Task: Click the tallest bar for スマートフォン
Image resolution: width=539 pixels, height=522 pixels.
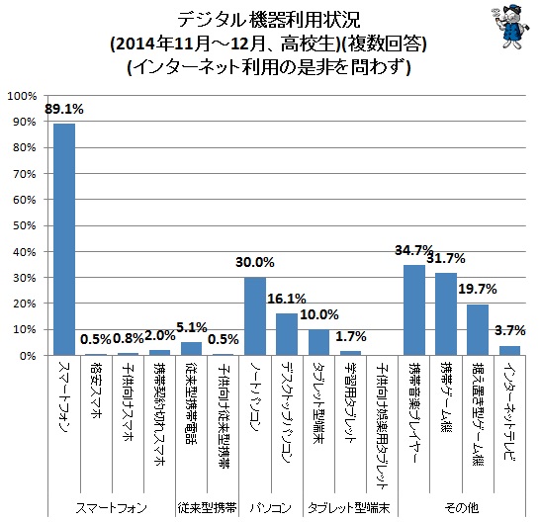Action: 64,238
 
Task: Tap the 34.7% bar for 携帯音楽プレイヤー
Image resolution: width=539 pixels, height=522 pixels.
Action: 414,309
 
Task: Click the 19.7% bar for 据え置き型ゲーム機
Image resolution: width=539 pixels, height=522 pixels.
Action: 478,329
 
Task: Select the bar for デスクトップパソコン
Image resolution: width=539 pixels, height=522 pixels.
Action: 287,334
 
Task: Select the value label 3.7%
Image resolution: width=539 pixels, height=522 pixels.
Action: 510,329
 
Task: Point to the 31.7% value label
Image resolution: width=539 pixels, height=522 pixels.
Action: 447,260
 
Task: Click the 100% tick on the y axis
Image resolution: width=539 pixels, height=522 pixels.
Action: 22,97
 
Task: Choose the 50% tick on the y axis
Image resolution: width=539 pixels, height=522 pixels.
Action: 24,225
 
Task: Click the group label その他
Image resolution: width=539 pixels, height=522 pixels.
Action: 462,506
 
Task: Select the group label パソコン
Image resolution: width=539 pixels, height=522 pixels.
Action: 271,506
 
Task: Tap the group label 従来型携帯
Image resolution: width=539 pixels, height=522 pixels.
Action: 207,506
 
